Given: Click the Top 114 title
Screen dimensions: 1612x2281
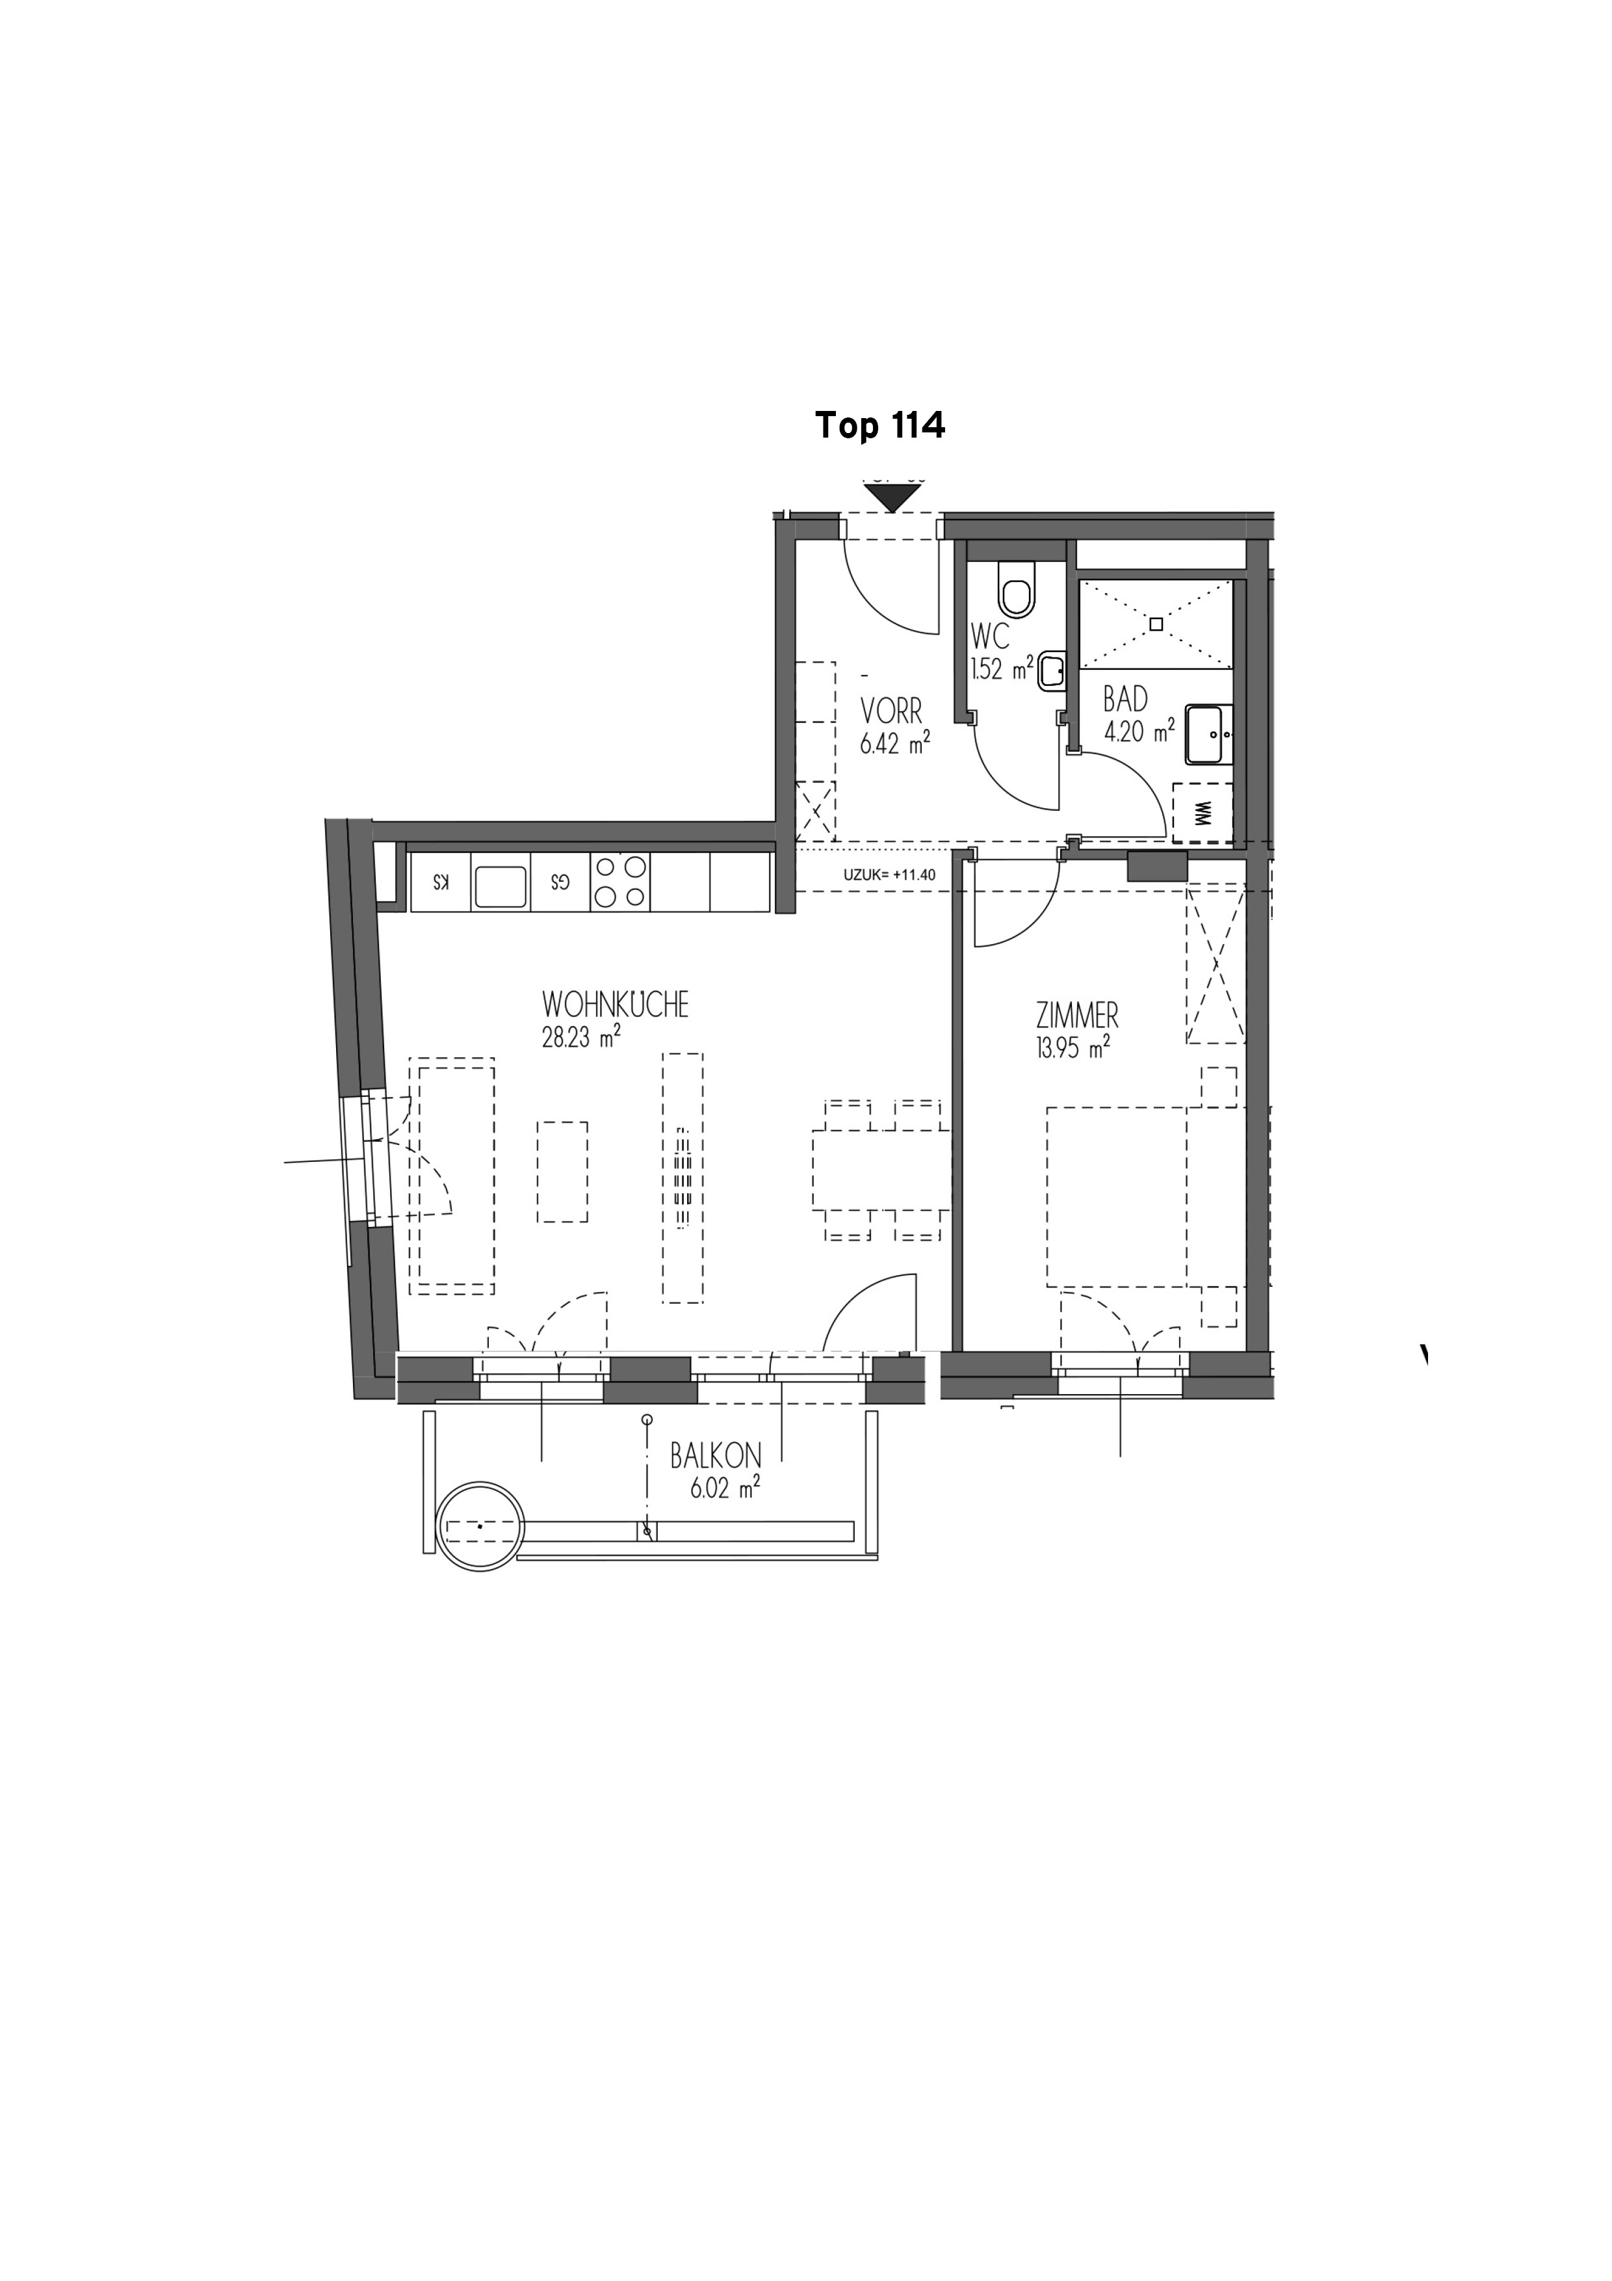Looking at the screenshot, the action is click(x=880, y=425).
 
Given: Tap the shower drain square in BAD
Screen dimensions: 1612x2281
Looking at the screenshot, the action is click(x=1156, y=624).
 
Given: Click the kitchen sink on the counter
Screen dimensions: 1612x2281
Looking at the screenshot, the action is click(x=500, y=885).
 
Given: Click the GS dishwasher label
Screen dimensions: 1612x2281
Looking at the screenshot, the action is click(x=561, y=882).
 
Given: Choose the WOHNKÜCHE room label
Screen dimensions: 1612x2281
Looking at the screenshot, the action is click(x=615, y=1005).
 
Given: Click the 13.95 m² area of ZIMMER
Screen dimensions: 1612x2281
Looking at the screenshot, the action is click(x=1072, y=1048).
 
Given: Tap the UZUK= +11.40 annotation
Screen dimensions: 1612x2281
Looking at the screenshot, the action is click(x=890, y=875).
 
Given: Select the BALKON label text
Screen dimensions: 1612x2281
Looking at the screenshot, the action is click(x=715, y=1457).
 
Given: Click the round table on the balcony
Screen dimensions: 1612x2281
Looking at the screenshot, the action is click(x=482, y=1526).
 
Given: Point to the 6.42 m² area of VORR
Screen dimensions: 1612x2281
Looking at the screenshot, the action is click(x=895, y=743).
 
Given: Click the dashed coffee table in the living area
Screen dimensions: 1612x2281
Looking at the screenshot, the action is click(x=562, y=1172).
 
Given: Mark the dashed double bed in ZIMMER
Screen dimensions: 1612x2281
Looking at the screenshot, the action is click(x=1117, y=1196).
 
